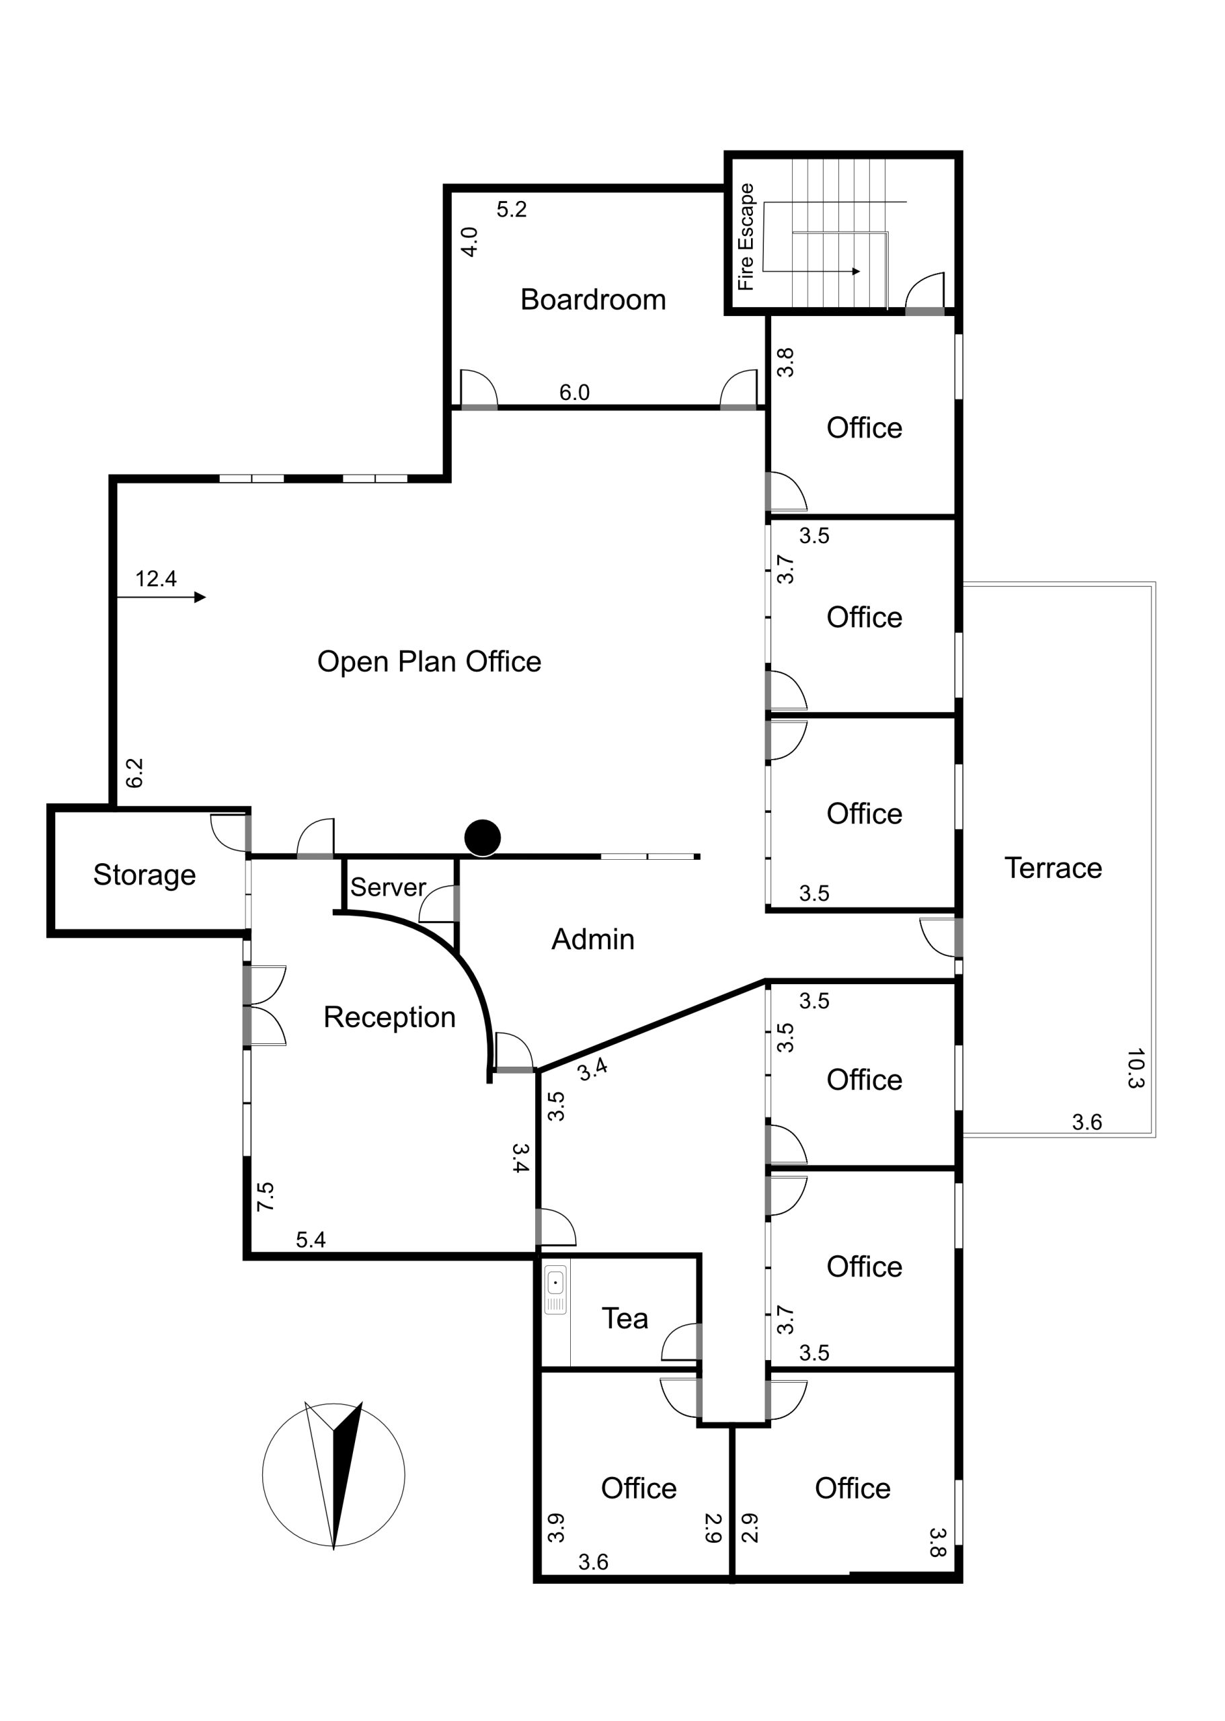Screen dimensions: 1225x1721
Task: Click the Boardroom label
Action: (x=593, y=300)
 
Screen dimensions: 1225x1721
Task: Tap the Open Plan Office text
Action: (x=429, y=662)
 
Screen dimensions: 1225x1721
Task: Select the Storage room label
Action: (x=144, y=875)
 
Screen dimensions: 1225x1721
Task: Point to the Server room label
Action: (x=388, y=887)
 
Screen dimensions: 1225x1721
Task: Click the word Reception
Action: (x=389, y=1017)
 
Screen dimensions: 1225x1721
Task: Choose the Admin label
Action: (x=593, y=939)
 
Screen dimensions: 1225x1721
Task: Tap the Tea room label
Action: (x=625, y=1318)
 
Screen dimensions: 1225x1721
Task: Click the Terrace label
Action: (x=1053, y=868)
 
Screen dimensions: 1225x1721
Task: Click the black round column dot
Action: (x=483, y=838)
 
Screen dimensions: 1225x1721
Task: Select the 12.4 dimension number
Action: (x=155, y=578)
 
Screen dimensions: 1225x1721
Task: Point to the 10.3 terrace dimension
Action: (x=1135, y=1068)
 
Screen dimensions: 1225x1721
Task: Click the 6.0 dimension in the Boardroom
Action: (x=574, y=392)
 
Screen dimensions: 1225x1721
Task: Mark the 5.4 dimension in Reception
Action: (x=311, y=1240)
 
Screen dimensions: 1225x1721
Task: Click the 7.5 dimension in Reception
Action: (x=265, y=1197)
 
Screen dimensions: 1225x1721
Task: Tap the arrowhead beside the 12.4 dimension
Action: (x=200, y=597)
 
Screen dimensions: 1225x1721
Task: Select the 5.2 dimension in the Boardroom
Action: (x=512, y=210)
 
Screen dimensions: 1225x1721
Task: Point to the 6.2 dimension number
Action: (x=134, y=773)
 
